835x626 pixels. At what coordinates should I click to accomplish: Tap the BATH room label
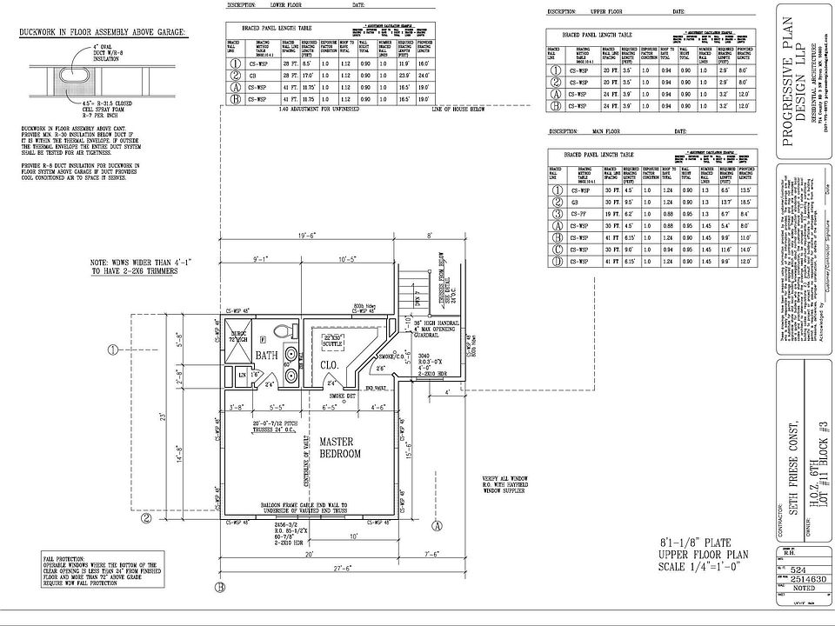pos(266,355)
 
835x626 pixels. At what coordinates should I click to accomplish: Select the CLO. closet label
pos(329,365)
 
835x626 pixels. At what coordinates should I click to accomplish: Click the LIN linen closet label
pos(241,375)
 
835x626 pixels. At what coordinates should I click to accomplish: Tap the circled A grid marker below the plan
pos(437,525)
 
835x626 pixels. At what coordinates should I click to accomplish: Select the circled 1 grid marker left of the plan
pos(113,350)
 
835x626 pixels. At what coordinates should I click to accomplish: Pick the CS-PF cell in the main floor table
pos(580,212)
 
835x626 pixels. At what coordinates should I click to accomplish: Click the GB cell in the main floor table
pos(580,201)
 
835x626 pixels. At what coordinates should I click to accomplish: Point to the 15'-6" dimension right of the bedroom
pos(409,467)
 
